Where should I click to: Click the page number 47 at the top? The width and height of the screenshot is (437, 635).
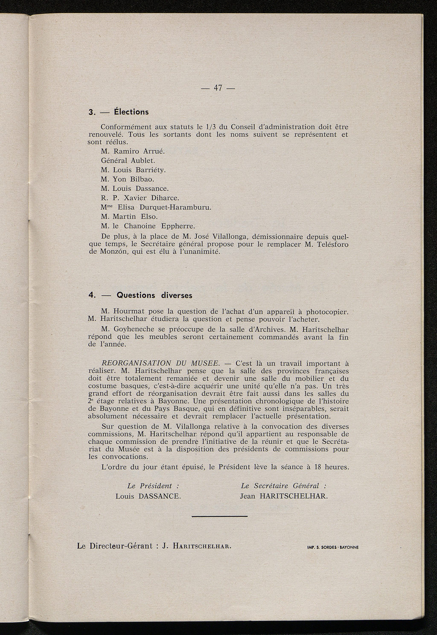click(218, 88)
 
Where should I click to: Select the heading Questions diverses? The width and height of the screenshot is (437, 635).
click(154, 295)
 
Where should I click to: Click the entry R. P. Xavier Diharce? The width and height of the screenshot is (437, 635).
click(140, 198)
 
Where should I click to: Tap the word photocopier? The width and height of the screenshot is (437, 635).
click(324, 312)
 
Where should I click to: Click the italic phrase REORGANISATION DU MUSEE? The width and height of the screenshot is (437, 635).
click(161, 363)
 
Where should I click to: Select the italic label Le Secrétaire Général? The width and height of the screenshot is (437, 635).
click(283, 486)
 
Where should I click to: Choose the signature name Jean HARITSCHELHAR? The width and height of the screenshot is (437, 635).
click(284, 496)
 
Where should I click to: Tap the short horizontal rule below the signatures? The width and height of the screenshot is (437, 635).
click(219, 517)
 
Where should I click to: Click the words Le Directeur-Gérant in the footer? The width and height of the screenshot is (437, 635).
click(115, 546)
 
